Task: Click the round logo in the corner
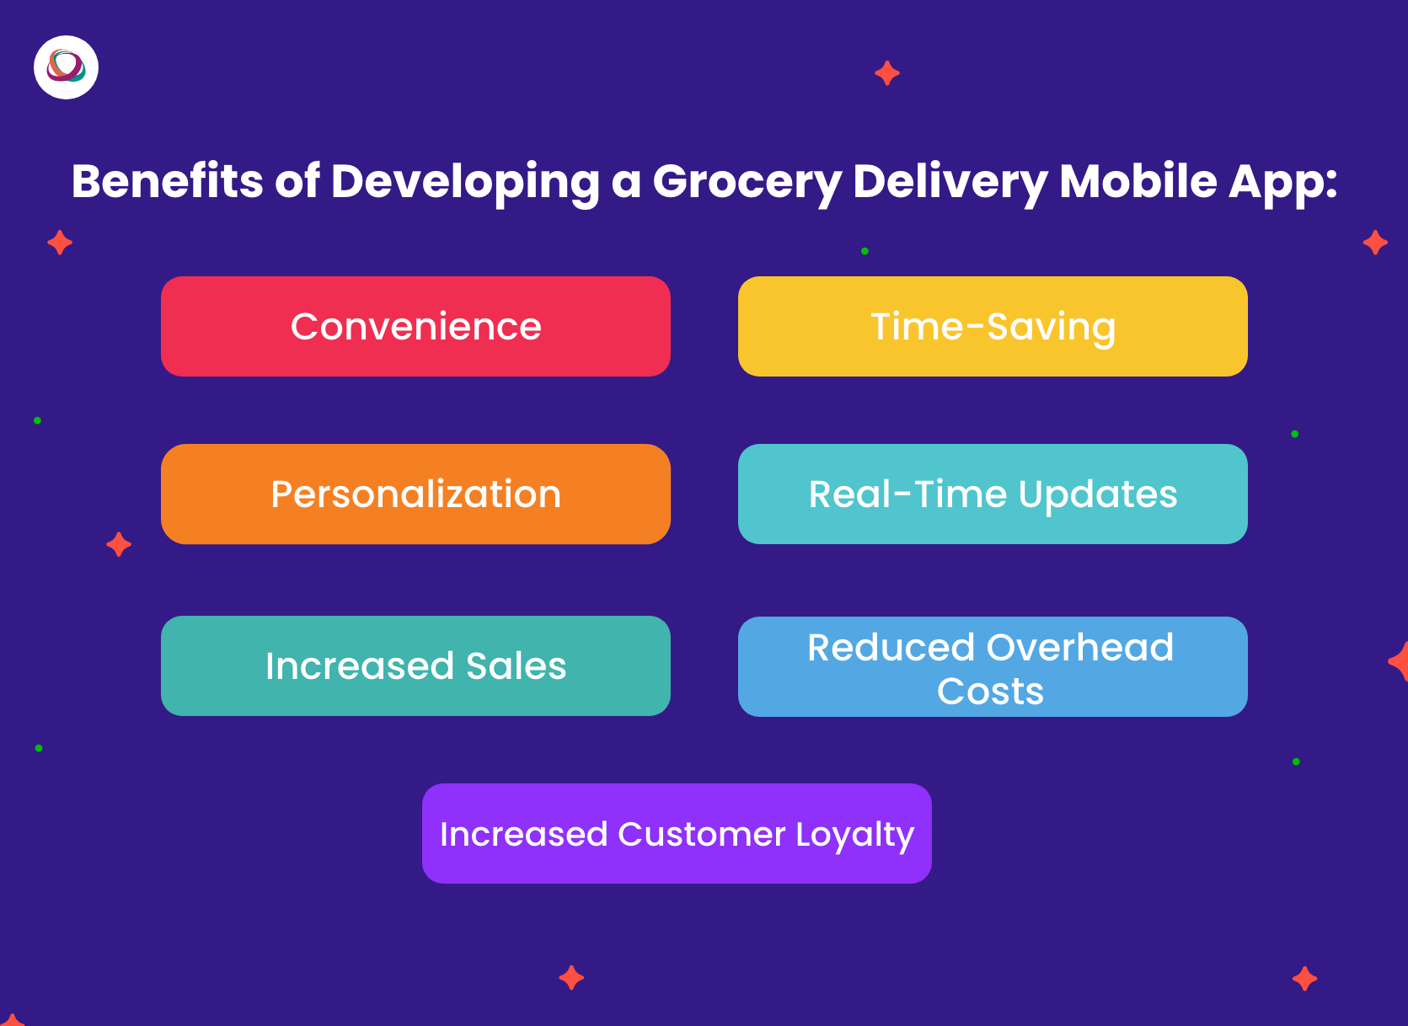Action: [x=66, y=67]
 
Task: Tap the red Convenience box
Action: [x=415, y=326]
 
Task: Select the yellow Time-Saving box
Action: [x=993, y=326]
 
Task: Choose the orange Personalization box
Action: [x=415, y=494]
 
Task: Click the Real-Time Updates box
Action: [x=993, y=494]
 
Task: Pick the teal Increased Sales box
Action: [x=415, y=665]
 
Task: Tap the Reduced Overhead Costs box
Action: [x=993, y=666]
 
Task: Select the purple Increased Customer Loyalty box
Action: [x=677, y=833]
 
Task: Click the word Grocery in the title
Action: [x=747, y=183]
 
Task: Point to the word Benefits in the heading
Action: [x=167, y=181]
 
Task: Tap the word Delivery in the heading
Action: [x=950, y=183]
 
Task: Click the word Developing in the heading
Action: [x=465, y=183]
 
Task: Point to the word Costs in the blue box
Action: [x=990, y=691]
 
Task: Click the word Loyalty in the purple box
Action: [x=855, y=836]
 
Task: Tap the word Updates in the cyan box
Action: [x=1097, y=496]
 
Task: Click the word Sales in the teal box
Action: [x=516, y=666]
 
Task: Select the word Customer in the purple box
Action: [x=702, y=835]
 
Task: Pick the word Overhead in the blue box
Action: [x=1079, y=647]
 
